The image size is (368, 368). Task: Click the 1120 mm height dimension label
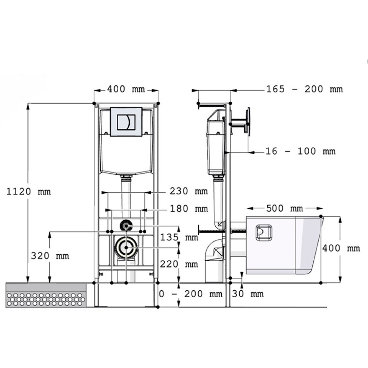coord(29,192)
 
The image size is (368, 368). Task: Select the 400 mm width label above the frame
coord(126,89)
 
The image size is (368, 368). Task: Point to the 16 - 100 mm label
coord(301,151)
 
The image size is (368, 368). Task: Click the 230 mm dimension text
coord(189,191)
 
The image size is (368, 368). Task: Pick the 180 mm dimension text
coord(189,209)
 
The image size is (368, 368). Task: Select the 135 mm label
coord(179,237)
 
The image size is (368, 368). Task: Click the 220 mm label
coord(179,264)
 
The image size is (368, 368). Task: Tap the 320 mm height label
coord(50,256)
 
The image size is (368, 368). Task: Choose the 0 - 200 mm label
coord(190,294)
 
